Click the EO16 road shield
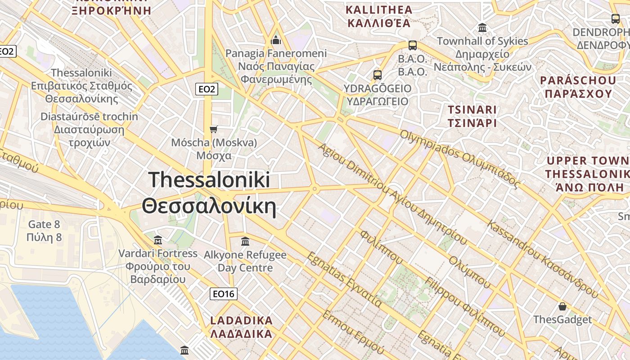pos(224,294)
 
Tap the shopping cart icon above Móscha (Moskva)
pos(214,130)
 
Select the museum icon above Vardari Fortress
pos(157,240)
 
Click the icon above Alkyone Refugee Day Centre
pos(245,242)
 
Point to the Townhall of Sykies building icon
pos(482,28)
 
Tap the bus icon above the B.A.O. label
pos(412,45)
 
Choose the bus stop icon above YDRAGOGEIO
pos(378,75)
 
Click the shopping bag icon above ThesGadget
pos(562,307)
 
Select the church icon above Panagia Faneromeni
pos(276,40)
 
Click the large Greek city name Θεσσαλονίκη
pos(209,207)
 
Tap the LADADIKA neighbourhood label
pos(242,321)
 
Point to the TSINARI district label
pos(472,110)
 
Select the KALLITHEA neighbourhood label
pos(379,10)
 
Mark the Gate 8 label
pos(44,224)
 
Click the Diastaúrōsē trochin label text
pos(89,117)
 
